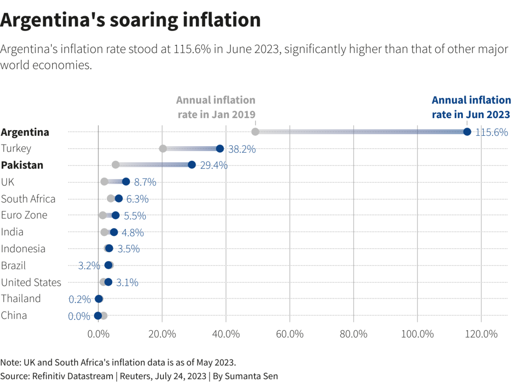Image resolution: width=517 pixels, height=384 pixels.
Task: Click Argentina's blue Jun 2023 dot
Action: coord(467,131)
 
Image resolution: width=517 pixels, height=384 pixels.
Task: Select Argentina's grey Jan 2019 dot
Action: coord(255,131)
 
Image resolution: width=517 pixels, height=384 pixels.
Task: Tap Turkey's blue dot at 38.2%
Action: coord(220,148)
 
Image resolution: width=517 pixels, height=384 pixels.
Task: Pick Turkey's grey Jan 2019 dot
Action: coord(163,148)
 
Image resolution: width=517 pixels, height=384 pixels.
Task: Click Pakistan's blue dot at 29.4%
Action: coord(192,165)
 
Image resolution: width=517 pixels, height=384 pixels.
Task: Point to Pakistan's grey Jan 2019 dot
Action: coord(115,165)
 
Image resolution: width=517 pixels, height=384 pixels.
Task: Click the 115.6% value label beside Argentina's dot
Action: coord(492,132)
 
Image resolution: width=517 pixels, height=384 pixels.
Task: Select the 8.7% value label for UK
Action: coord(145,182)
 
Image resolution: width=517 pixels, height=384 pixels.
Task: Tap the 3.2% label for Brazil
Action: coord(89,266)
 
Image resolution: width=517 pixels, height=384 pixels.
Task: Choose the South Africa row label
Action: coord(28,199)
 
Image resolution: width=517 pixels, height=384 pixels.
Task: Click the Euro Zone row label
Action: coord(24,215)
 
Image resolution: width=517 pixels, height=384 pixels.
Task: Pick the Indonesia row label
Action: coord(23,249)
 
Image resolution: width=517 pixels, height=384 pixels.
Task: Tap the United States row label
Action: coord(31,282)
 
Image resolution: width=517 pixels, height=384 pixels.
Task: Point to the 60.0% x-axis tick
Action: coord(290,334)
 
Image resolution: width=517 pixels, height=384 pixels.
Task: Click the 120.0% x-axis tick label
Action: coord(481,334)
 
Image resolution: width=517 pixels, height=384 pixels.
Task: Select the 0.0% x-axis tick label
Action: coord(98,334)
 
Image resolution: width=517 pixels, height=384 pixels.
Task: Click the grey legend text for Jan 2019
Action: coord(216,107)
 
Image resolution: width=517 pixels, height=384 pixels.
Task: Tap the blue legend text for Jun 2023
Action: coord(471,107)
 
